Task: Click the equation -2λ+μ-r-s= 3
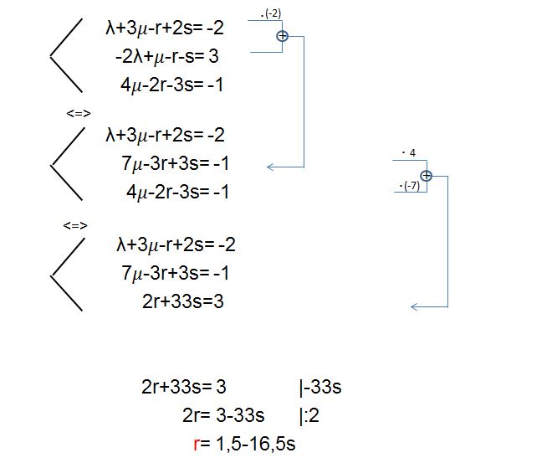(167, 56)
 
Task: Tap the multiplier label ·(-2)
(270, 13)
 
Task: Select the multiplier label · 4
(409, 152)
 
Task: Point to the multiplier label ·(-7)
(410, 186)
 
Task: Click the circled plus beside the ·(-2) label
(283, 36)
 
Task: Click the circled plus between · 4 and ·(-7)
(427, 176)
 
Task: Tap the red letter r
(197, 444)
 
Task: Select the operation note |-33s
(320, 387)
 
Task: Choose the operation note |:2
(309, 416)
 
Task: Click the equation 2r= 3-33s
(223, 415)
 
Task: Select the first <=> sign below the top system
(79, 114)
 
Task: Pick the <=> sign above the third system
(75, 225)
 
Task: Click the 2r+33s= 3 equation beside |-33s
(183, 387)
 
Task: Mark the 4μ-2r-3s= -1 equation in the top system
(171, 85)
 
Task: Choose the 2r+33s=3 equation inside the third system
(182, 301)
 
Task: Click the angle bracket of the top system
(66, 55)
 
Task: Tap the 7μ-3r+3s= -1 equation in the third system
(175, 273)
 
